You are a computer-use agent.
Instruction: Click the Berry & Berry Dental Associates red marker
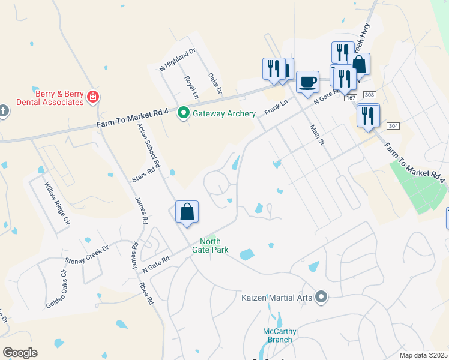92,96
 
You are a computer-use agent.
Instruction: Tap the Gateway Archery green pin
184,113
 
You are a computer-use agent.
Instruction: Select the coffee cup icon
308,81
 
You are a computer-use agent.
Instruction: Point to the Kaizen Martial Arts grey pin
322,296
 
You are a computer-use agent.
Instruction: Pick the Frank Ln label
277,109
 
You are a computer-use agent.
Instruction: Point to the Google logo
20,353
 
